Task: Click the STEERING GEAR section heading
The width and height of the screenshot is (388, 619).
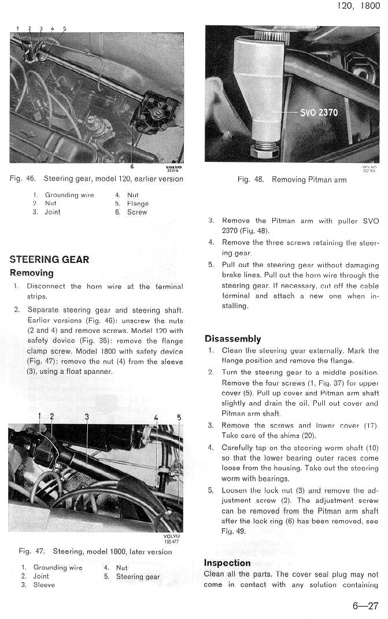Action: pyautogui.click(x=50, y=260)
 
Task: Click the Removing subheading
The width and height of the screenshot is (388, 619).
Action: pyautogui.click(x=32, y=273)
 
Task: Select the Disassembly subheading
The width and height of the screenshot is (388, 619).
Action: pyautogui.click(x=232, y=339)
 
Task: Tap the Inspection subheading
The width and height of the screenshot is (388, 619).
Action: pyautogui.click(x=227, y=563)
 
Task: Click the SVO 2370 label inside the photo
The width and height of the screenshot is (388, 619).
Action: pyautogui.click(x=319, y=112)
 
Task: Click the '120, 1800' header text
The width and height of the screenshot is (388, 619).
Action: pyautogui.click(x=358, y=7)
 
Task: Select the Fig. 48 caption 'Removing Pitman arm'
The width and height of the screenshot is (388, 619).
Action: pyautogui.click(x=309, y=180)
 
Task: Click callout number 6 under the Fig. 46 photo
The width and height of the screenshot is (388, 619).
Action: pyautogui.click(x=132, y=166)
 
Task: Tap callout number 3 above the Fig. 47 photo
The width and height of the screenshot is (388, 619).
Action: pyautogui.click(x=87, y=416)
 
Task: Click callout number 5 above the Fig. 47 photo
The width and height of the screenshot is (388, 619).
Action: pyautogui.click(x=179, y=417)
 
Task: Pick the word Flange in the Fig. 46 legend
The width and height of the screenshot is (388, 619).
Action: pyautogui.click(x=138, y=203)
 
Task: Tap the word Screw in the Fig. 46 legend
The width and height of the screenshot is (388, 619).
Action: pyautogui.click(x=137, y=212)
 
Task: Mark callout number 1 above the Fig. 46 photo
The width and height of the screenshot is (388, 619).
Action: pyautogui.click(x=18, y=28)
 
